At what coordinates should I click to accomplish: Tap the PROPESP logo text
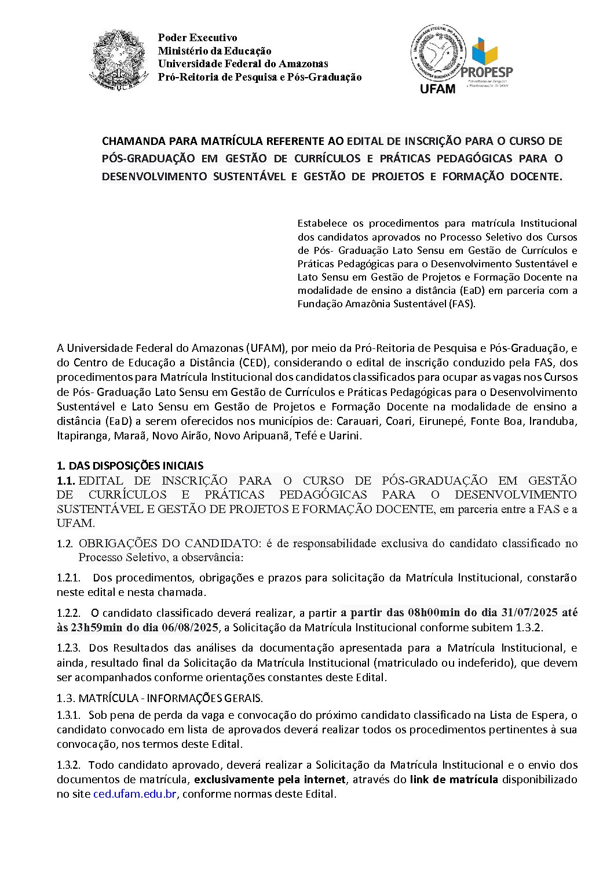tap(487, 72)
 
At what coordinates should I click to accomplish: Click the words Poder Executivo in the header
tap(198, 38)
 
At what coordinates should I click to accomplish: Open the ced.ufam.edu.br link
tap(134, 794)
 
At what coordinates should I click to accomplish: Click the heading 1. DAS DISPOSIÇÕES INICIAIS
tap(130, 466)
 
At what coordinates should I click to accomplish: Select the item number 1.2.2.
tap(68, 613)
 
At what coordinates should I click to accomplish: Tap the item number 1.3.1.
tap(68, 715)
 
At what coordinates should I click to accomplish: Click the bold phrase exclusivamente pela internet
tap(269, 779)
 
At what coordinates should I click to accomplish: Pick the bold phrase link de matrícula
tap(454, 779)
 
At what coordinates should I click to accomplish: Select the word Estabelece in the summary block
tap(323, 223)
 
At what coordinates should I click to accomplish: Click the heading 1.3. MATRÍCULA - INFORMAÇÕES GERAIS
tap(160, 697)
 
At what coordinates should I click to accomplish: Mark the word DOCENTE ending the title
tap(536, 176)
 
